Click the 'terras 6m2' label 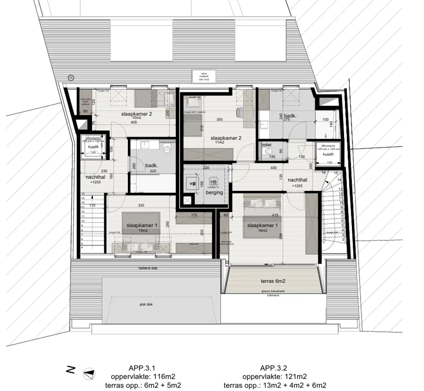pos(273,281)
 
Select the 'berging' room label pos(214,192)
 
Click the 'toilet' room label pos(266,145)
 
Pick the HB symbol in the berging pos(213,182)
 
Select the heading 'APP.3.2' pos(274,368)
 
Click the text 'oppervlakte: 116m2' pos(143,377)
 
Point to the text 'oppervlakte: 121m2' pos(275,377)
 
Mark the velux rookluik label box pos(204,76)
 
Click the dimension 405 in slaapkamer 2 pos(133,123)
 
